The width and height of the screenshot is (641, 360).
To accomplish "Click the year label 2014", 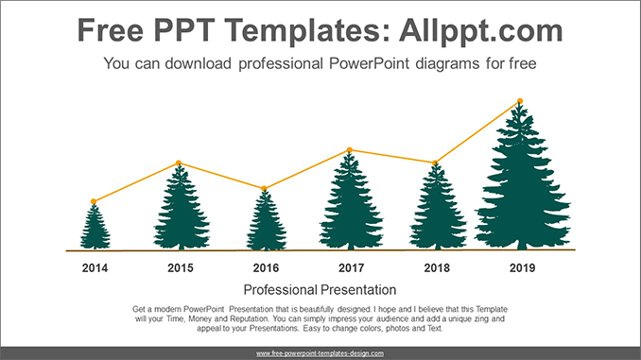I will click(95, 268).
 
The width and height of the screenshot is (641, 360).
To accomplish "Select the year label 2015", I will click(181, 268).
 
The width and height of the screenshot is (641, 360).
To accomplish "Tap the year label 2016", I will click(266, 268).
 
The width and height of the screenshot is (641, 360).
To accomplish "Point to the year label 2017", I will click(351, 268).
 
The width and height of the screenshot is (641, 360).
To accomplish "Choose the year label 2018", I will click(437, 268).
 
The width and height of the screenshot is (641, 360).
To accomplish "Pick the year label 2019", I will click(522, 268).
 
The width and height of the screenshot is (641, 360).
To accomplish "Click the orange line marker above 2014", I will click(94, 201).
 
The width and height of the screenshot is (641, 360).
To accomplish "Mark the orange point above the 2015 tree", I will click(179, 163).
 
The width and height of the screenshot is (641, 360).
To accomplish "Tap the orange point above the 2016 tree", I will click(265, 188).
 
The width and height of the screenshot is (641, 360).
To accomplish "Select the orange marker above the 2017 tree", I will click(350, 150).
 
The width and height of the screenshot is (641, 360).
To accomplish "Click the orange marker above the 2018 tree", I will click(436, 163).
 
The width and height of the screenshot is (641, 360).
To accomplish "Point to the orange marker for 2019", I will click(520, 101).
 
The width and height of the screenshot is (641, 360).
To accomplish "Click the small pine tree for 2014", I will click(94, 229).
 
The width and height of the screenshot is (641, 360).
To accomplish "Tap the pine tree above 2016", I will click(266, 223).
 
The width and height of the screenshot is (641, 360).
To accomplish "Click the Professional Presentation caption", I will click(320, 290).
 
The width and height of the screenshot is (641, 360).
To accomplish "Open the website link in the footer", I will click(320, 352).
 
